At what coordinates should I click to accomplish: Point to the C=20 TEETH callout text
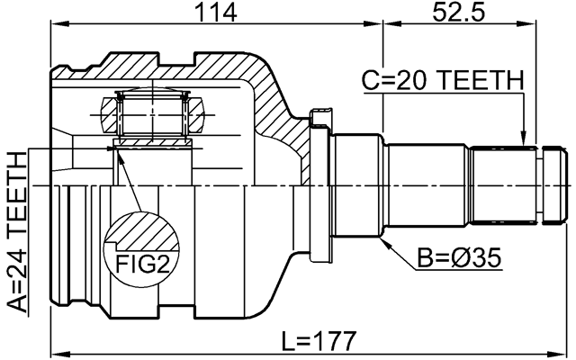pyautogui.click(x=442, y=80)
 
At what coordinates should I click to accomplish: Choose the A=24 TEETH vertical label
pyautogui.click(x=15, y=232)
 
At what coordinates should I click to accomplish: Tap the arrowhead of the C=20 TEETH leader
pyautogui.click(x=524, y=141)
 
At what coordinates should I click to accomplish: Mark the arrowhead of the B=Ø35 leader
pyautogui.click(x=384, y=242)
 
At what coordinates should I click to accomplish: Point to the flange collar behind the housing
pyautogui.click(x=317, y=184)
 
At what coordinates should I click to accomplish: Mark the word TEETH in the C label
pyautogui.click(x=479, y=80)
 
